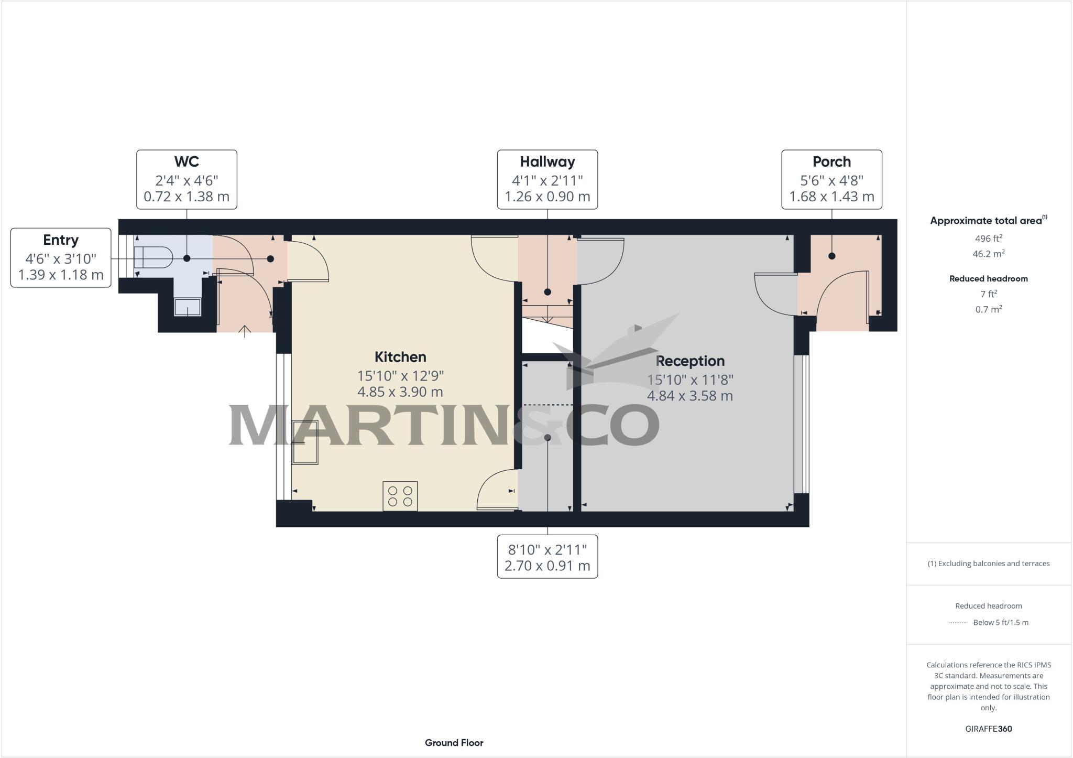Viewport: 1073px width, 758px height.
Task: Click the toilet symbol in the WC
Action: (153, 257)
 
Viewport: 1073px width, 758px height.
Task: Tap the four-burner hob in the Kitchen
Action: (400, 496)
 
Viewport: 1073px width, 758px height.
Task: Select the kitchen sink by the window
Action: (305, 442)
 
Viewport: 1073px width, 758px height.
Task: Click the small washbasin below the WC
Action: (188, 307)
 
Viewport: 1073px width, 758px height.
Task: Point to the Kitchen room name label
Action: (400, 357)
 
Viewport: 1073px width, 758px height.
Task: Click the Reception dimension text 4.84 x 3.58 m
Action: (689, 396)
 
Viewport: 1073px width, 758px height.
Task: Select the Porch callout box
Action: (831, 179)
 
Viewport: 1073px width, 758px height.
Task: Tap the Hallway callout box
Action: (547, 179)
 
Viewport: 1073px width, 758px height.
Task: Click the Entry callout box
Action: (61, 257)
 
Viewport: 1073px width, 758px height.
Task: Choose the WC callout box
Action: (187, 179)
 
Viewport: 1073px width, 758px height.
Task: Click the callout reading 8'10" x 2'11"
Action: (547, 557)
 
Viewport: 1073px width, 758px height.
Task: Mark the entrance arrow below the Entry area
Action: (245, 331)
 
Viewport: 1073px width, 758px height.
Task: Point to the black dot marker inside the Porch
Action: (831, 256)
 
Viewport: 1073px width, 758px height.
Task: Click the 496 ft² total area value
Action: (988, 239)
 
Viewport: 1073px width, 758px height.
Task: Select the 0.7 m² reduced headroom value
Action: (988, 309)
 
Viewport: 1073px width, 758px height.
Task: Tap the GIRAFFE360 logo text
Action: (988, 729)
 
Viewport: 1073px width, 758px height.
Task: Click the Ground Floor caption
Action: (454, 743)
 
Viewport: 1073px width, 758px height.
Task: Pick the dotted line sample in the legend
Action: (957, 623)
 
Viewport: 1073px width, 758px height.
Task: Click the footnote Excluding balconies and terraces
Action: (988, 564)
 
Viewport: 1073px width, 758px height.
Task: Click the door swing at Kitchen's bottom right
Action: (495, 490)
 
